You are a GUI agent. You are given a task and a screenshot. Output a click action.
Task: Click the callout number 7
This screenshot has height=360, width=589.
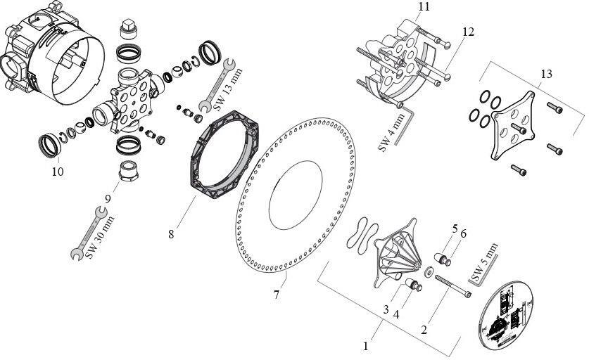tap(276, 295)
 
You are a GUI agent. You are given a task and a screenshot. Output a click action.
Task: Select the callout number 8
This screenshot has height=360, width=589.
tap(171, 233)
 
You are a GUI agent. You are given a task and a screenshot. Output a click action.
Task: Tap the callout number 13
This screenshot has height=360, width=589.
tap(546, 74)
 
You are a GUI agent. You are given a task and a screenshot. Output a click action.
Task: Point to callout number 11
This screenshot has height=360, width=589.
tap(422, 7)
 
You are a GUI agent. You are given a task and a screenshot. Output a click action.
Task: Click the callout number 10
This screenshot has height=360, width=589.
tap(57, 171)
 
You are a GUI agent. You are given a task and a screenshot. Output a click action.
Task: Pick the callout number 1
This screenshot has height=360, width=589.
tap(365, 345)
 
